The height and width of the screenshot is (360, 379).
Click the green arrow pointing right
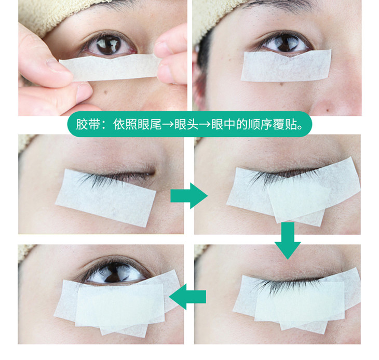tap(189, 196)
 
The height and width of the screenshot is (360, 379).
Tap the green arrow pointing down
tap(288, 241)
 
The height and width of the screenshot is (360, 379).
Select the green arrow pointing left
tap(187, 297)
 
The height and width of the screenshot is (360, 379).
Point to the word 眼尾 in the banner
tap(150, 125)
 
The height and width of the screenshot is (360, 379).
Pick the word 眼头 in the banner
tap(186, 125)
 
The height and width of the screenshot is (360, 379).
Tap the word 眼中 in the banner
tap(223, 125)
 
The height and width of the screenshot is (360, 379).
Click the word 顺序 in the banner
tap(260, 125)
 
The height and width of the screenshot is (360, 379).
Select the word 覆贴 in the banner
tap(285, 125)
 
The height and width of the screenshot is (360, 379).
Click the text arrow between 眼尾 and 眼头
tap(168, 125)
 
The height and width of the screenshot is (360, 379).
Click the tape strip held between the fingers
tap(110, 67)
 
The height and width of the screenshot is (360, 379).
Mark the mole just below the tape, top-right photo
tap(281, 84)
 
